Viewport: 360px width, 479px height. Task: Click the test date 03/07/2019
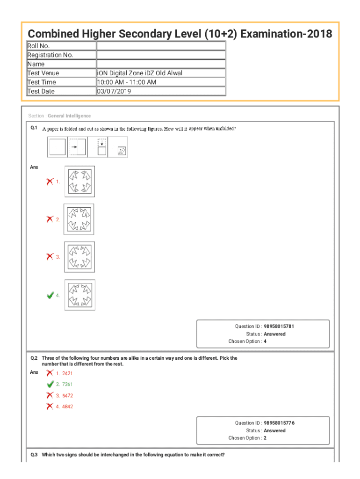tap(114, 91)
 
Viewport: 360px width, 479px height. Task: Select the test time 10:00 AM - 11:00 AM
tap(126, 82)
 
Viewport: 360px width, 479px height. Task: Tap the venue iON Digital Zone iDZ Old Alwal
tap(139, 73)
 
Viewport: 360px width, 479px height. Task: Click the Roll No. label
tap(38, 46)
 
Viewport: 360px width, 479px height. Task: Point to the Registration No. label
tap(50, 55)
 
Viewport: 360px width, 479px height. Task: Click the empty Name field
tap(161, 64)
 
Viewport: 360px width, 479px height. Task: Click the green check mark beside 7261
tap(50, 384)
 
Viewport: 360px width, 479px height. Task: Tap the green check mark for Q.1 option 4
tap(50, 295)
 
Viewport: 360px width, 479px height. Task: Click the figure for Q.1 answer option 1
tap(79, 181)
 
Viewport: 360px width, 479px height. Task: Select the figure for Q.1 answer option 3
tap(79, 257)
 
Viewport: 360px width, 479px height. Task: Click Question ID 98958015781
tap(279, 327)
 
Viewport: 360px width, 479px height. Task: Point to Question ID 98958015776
tap(279, 423)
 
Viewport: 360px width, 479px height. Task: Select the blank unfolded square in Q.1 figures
tap(57, 147)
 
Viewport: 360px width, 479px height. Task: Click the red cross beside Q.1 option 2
tap(50, 219)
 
